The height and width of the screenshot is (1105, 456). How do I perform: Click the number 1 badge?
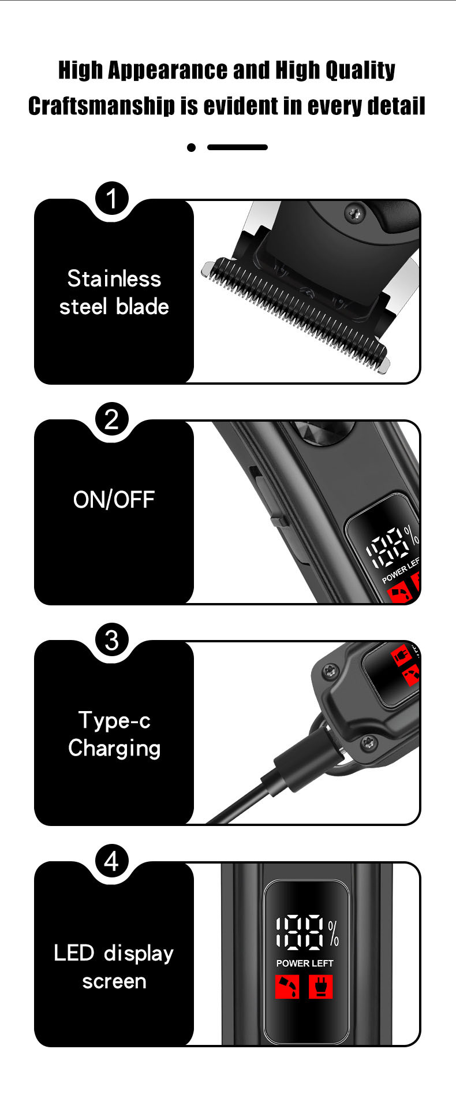click(112, 198)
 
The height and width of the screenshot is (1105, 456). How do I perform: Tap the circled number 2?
click(112, 419)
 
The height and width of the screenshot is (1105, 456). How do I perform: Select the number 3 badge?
click(112, 639)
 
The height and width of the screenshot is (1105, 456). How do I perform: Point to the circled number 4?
click(112, 861)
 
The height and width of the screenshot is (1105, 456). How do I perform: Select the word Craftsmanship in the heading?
click(101, 106)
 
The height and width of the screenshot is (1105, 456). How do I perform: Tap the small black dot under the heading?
click(192, 147)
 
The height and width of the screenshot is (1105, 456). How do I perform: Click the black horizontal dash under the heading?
click(237, 147)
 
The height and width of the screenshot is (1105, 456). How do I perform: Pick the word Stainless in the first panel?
click(114, 278)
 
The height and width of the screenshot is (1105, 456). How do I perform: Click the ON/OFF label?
click(114, 500)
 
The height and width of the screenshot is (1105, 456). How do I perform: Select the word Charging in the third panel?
click(114, 749)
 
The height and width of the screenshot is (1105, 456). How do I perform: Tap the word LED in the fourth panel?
click(74, 953)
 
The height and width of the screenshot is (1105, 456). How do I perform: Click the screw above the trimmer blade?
click(355, 214)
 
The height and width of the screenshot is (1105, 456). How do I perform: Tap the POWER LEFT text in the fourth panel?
click(305, 963)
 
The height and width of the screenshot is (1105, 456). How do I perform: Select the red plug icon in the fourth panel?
click(321, 987)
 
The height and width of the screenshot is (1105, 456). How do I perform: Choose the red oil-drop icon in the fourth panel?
click(287, 987)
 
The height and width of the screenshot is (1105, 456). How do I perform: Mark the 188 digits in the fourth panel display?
click(300, 933)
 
